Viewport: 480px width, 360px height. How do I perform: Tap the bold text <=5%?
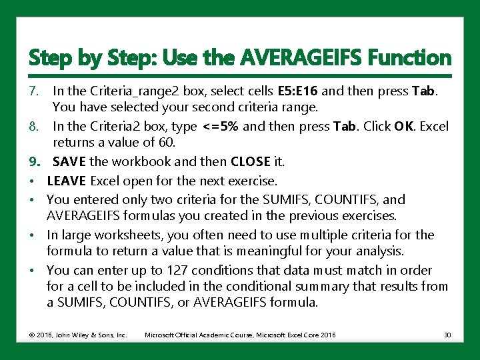coord(221,127)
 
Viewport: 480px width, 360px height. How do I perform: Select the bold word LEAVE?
coord(67,181)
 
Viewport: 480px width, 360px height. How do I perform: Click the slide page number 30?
coord(447,334)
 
